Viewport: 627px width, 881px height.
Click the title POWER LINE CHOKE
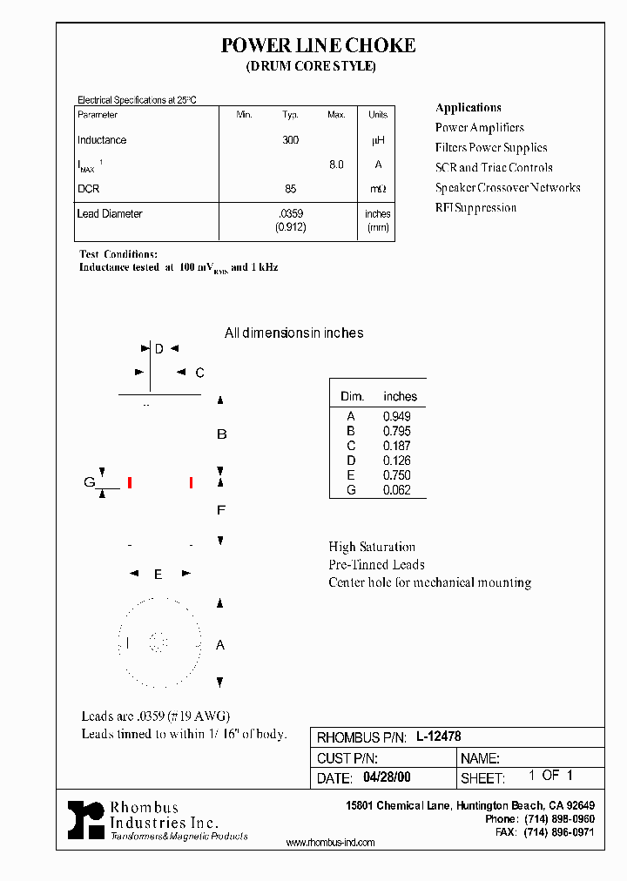coord(318,45)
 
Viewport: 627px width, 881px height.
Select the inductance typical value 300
coord(290,140)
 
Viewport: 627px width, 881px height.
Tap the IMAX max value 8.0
coord(336,165)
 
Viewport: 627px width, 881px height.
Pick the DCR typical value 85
coord(290,189)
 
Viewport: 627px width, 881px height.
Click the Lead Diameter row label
coord(110,213)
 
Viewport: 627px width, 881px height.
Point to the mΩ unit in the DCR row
coord(378,189)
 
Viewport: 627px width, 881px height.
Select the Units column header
coord(378,115)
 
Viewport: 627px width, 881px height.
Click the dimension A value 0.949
coord(396,416)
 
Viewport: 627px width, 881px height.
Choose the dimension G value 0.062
coord(396,490)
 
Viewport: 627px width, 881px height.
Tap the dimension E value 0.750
coord(396,475)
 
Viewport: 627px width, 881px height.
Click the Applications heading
coord(468,108)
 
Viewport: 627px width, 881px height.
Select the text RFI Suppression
coord(475,208)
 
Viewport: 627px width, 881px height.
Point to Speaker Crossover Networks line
coord(508,188)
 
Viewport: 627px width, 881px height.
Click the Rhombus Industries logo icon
coord(85,820)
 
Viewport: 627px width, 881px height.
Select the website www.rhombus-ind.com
coord(330,843)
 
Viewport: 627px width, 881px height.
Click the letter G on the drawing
coord(89,482)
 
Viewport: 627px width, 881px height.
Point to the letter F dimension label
coord(221,510)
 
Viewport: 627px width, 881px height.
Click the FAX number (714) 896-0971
coord(557,832)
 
